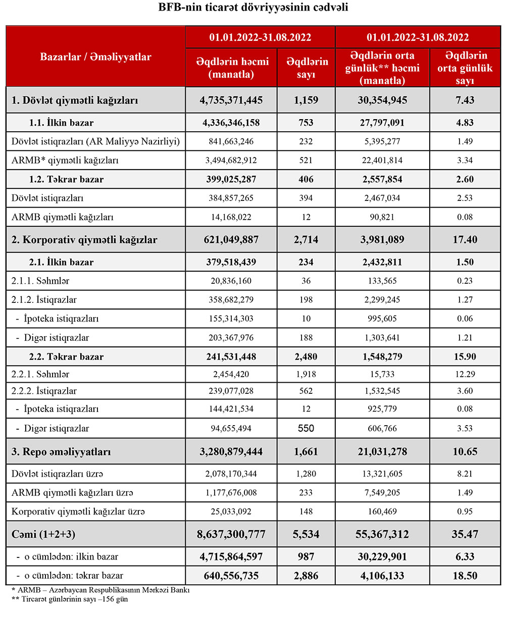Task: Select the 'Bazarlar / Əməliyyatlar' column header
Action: coord(95,57)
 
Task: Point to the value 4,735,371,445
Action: coord(232,100)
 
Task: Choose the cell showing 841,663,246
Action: coord(232,141)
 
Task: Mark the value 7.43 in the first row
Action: coord(465,100)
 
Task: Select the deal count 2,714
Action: coord(306,240)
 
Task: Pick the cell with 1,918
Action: coord(306,374)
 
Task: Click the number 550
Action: coord(306,429)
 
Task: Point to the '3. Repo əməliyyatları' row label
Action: coord(61,452)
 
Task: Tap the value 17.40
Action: coord(465,240)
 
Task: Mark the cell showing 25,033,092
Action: coord(232,512)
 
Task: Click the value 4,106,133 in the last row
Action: coord(382,576)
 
